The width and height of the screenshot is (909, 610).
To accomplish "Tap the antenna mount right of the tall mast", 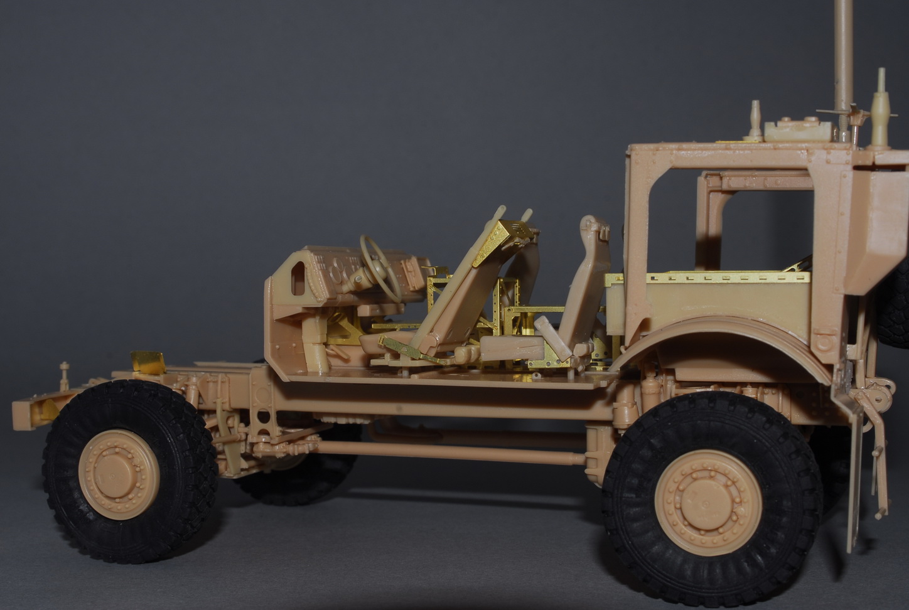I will pos(881,107).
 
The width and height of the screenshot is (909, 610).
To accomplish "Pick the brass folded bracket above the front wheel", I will pos(147,363).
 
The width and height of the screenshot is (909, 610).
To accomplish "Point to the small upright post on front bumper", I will pos(64,375).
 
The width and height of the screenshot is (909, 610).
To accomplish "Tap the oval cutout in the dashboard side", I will pos(298,277).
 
